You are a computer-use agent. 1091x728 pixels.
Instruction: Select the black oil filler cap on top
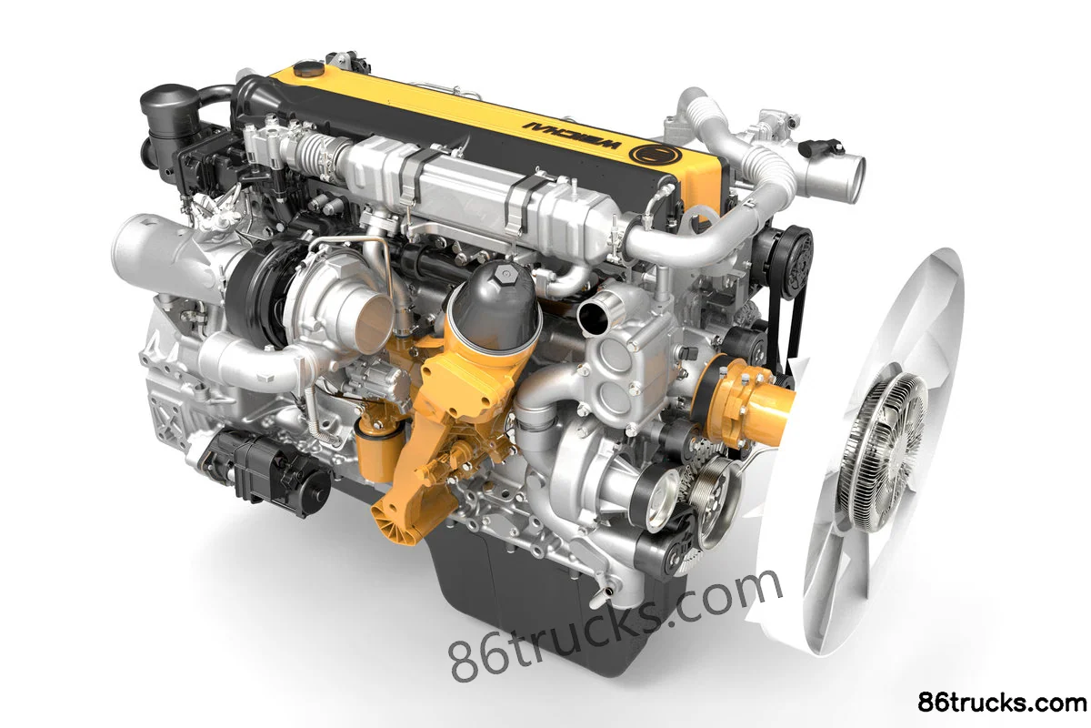click(x=309, y=68)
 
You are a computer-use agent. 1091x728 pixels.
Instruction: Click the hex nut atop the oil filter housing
click(x=504, y=278)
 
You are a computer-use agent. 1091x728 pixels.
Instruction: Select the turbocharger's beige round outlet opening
click(x=374, y=324)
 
